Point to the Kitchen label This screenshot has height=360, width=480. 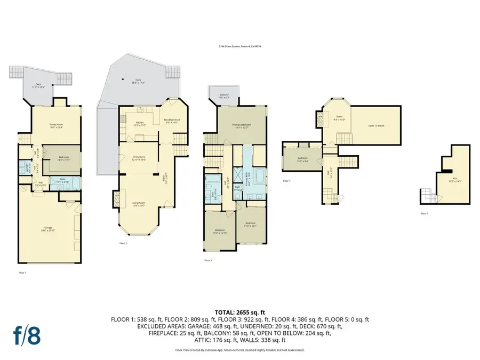tap(140, 124)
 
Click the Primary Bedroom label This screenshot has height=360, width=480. tap(242, 126)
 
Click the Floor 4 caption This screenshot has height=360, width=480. tap(287, 181)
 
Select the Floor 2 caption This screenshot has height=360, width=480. tap(123, 243)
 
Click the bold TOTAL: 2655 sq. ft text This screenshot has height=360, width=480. tap(239, 311)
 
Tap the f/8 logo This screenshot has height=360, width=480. tap(26, 335)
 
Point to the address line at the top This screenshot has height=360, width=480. tap(239, 47)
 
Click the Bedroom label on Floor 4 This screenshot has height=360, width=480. tap(302, 158)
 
